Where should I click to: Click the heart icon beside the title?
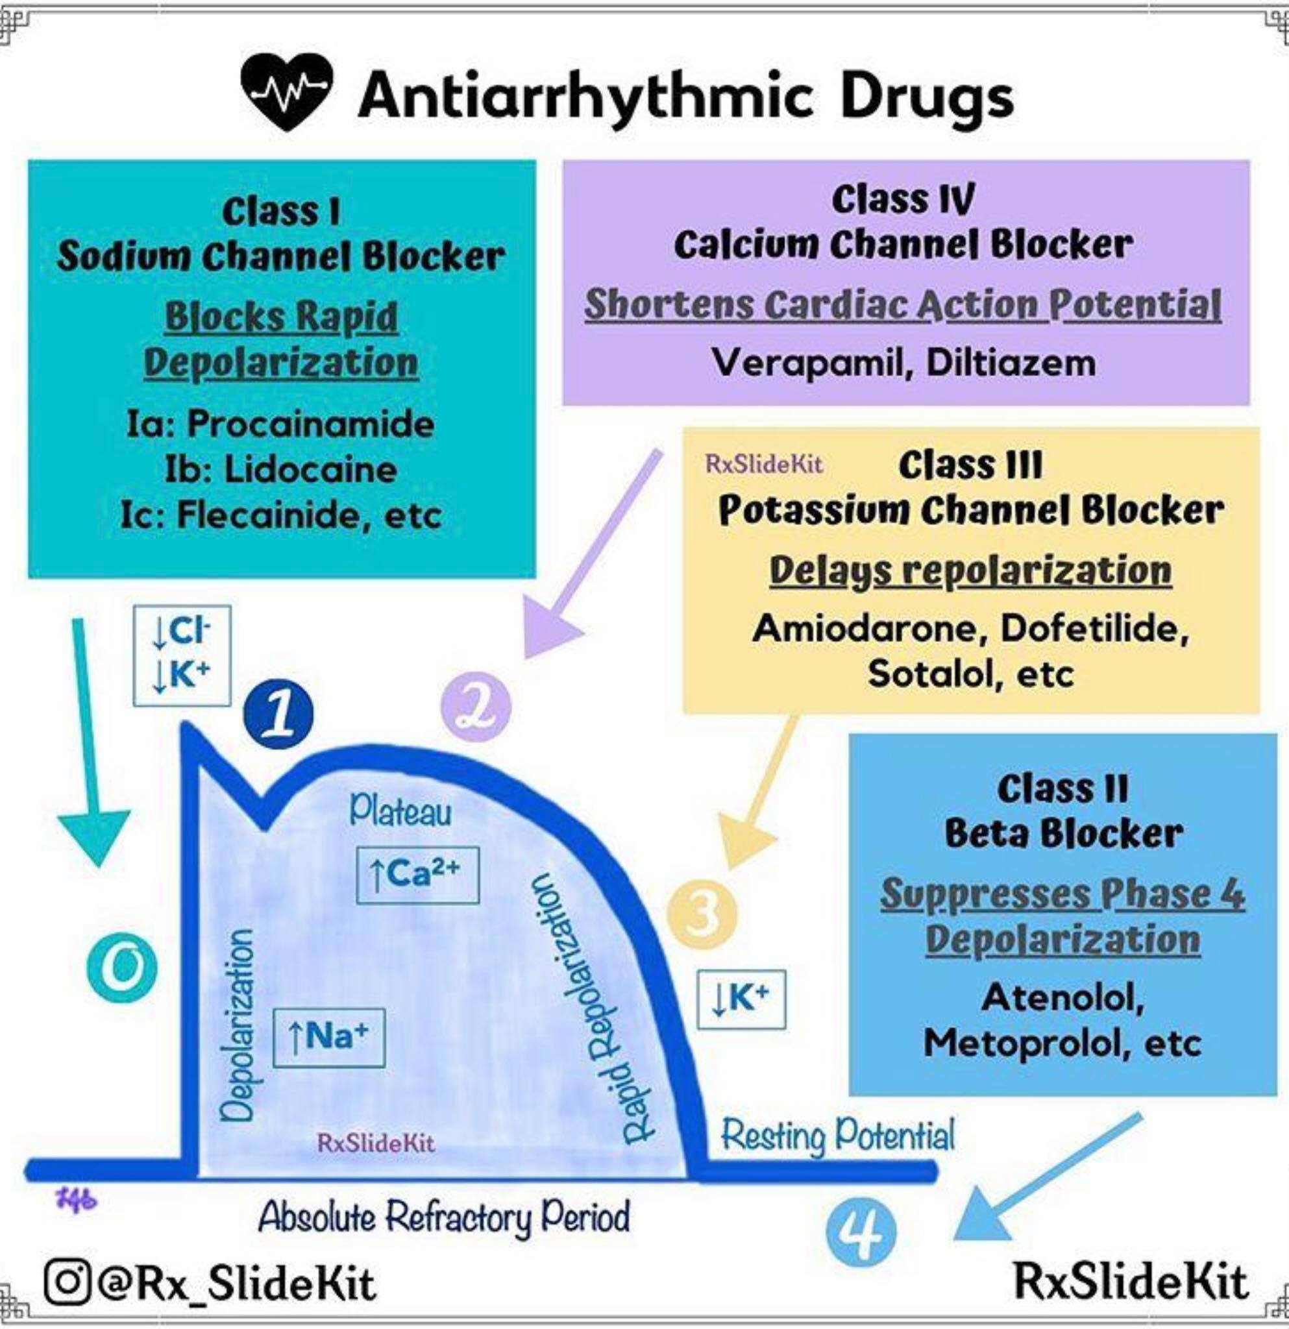287,91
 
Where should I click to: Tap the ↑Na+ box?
329,1038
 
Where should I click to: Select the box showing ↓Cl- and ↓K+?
182,655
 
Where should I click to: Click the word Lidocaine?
310,470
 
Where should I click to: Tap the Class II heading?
1062,789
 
